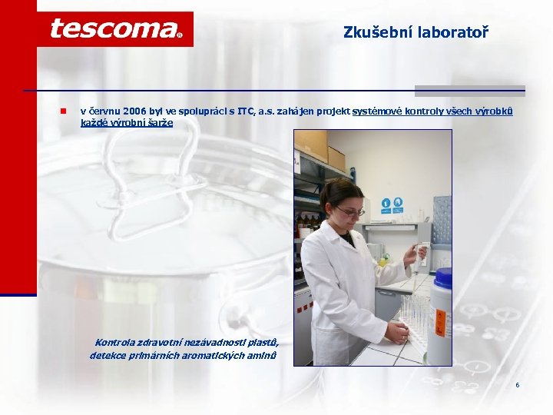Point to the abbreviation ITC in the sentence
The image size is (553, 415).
pyautogui.click(x=247, y=112)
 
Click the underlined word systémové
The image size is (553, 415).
pyautogui.click(x=375, y=112)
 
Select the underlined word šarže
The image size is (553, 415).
pyautogui.click(x=161, y=123)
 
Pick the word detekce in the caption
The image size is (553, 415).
pyautogui.click(x=108, y=355)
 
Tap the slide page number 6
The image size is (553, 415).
pyautogui.click(x=518, y=384)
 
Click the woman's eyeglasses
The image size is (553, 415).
pyautogui.click(x=349, y=211)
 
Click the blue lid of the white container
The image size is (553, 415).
pyautogui.click(x=443, y=277)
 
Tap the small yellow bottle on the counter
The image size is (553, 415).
pyautogui.click(x=382, y=261)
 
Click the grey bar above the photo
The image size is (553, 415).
pyautogui.click(x=470, y=91)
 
